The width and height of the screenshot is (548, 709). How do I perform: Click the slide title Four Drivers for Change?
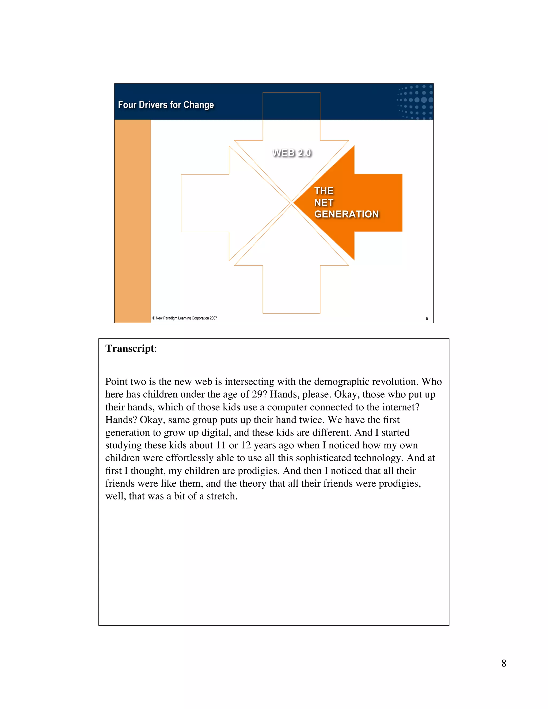pyautogui.click(x=166, y=105)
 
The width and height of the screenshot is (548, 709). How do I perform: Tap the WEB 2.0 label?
pyautogui.click(x=292, y=153)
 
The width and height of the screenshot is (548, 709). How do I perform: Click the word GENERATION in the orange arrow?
pyautogui.click(x=347, y=214)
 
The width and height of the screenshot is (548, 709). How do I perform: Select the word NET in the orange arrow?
pyautogui.click(x=324, y=203)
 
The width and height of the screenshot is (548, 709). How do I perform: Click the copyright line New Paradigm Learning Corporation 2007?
pyautogui.click(x=184, y=318)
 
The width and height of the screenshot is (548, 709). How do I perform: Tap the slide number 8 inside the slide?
pyautogui.click(x=427, y=318)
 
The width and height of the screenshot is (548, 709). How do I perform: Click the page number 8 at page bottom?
pyautogui.click(x=504, y=663)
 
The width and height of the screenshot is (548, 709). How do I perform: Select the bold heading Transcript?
pyautogui.click(x=130, y=348)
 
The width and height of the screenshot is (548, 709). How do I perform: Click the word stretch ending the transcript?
pyautogui.click(x=221, y=496)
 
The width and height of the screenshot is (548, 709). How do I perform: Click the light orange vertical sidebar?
pyautogui.click(x=132, y=221)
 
